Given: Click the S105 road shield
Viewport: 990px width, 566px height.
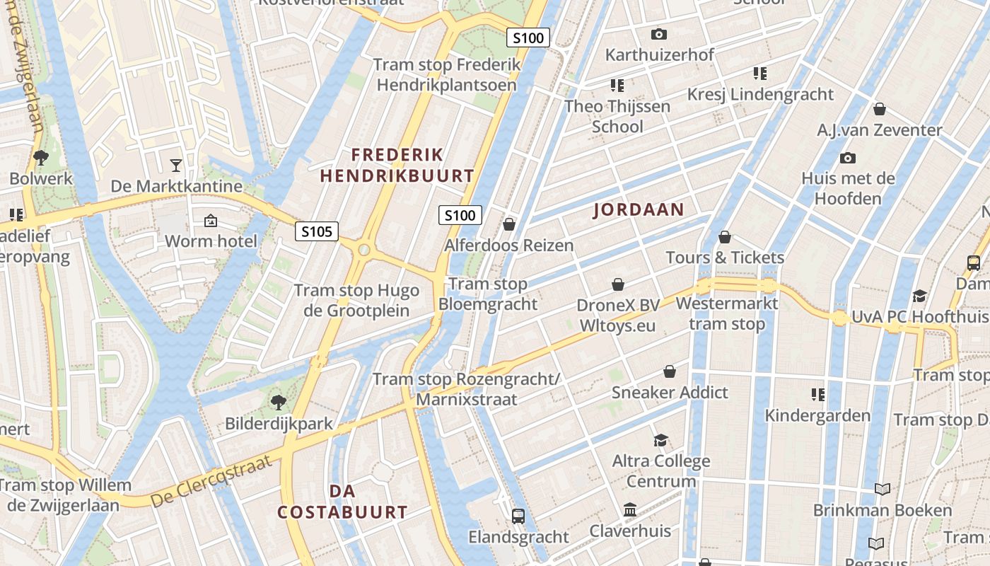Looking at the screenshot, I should [317, 231].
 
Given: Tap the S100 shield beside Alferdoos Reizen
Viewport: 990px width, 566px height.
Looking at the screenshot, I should [460, 215].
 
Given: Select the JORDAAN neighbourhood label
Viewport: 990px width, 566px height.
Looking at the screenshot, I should [639, 209].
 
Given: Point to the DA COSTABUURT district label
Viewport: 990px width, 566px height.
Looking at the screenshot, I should [342, 502].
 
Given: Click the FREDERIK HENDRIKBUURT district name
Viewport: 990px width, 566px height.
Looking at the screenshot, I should [397, 165].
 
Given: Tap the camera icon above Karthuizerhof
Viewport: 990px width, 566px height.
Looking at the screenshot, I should [658, 34].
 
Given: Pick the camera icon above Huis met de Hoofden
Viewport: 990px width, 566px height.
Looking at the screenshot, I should [847, 158].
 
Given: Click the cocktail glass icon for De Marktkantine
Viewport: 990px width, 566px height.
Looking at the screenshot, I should [176, 166].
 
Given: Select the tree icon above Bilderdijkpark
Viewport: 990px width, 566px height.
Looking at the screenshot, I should [279, 403].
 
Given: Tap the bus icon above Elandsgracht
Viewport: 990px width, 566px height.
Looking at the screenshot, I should [518, 516].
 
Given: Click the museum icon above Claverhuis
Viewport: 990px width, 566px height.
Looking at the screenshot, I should [630, 509].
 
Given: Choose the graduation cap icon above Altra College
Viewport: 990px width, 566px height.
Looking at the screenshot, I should [660, 440].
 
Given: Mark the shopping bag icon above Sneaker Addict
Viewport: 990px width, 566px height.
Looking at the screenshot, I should [669, 371].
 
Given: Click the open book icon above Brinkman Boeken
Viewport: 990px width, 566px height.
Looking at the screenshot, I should [882, 489].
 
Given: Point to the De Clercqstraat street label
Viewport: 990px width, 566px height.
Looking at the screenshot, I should [211, 482].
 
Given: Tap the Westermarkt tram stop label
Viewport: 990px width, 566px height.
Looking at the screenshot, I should [727, 313].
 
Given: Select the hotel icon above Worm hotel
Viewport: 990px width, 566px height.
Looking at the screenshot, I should [210, 221].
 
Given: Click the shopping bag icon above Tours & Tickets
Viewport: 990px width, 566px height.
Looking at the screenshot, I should [725, 237].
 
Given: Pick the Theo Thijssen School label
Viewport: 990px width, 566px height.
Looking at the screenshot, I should [617, 117].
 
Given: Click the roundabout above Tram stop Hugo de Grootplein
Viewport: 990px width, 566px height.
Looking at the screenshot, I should [364, 250].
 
